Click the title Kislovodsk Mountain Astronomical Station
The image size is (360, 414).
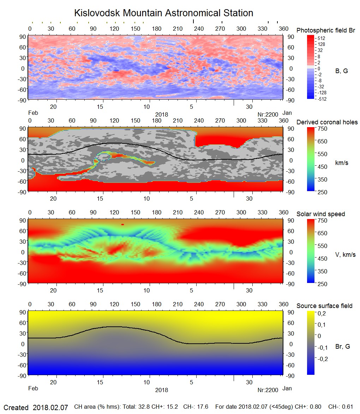tap(163, 13)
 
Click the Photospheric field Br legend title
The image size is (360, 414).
tap(326, 30)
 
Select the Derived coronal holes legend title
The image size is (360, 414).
tap(327, 122)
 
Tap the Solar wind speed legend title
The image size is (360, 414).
tap(320, 214)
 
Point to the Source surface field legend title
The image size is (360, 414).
tap(324, 306)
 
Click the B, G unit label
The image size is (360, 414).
tap(341, 71)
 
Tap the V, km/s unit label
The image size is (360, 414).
tap(345, 255)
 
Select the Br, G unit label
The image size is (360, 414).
tap(342, 347)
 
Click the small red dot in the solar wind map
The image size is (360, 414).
tap(122, 224)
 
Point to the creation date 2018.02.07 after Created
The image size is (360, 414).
tap(50, 407)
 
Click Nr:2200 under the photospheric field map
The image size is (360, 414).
tap(268, 114)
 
